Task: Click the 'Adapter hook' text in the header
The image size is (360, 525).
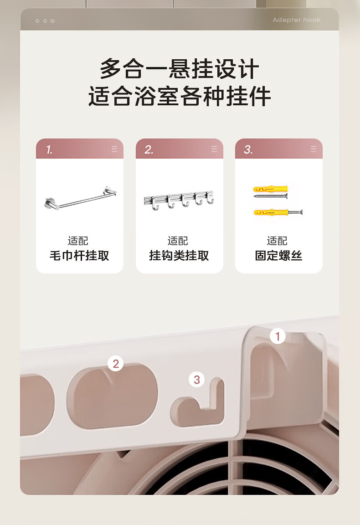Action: coord(296,20)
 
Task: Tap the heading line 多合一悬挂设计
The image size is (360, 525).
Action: coord(180,69)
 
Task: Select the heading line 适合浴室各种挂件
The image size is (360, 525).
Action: coord(180,96)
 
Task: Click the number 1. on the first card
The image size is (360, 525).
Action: coord(49,149)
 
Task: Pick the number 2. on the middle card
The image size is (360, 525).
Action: coord(149,149)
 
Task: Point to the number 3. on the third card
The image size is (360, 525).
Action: coord(248,149)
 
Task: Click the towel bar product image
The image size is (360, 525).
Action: coord(80,198)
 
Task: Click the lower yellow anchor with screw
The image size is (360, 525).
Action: coord(278,212)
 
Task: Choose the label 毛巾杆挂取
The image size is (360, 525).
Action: coord(79,256)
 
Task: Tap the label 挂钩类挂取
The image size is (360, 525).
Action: coord(179,256)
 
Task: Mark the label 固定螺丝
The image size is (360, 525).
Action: coord(278,256)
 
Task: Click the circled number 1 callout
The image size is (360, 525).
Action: coord(278,336)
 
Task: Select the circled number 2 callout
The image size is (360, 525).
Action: coord(116,364)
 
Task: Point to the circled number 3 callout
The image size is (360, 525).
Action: coord(196,380)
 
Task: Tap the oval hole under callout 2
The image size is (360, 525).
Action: coord(112,397)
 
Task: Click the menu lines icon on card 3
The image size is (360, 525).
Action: coord(314,149)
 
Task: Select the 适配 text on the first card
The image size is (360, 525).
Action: coord(78,241)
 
